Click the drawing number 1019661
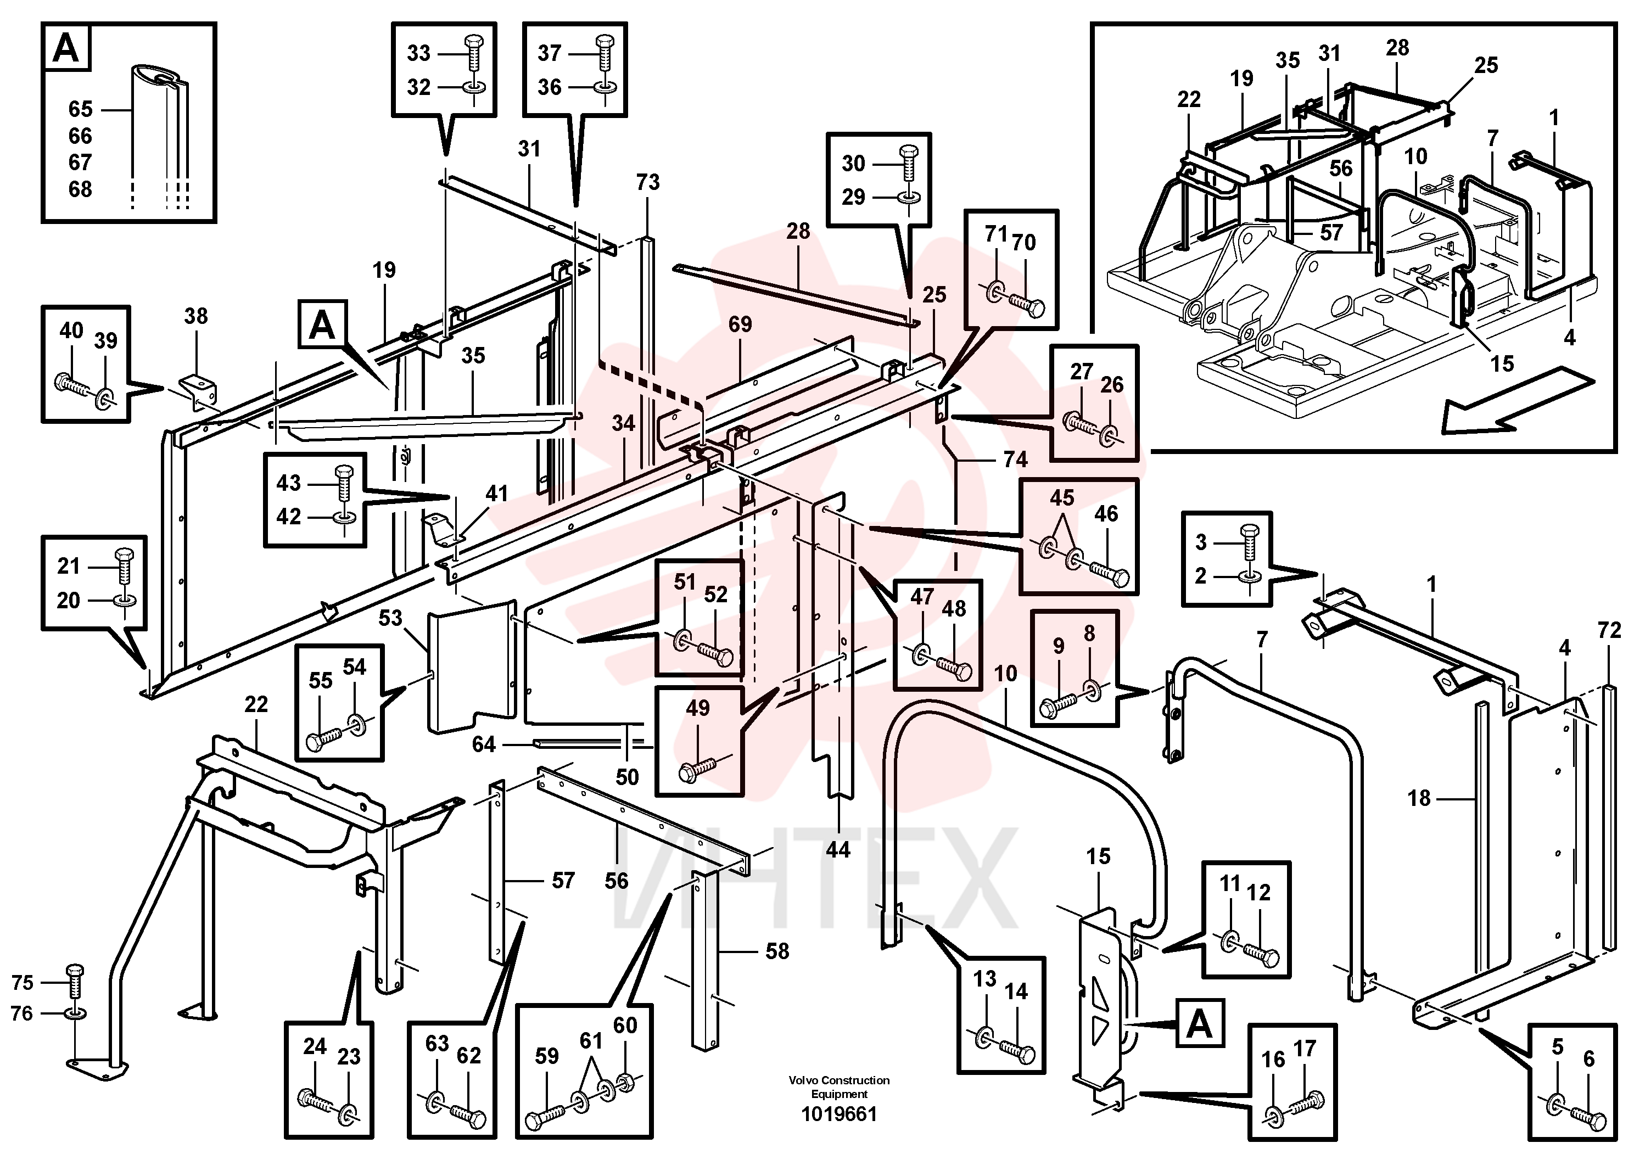(839, 1114)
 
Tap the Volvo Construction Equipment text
(839, 1087)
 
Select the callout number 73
(648, 182)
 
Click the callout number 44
(838, 849)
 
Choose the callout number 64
(484, 744)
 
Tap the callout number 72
(1609, 630)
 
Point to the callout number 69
(740, 324)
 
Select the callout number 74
(1016, 460)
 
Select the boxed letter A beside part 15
(1200, 1025)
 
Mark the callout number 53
(390, 618)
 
